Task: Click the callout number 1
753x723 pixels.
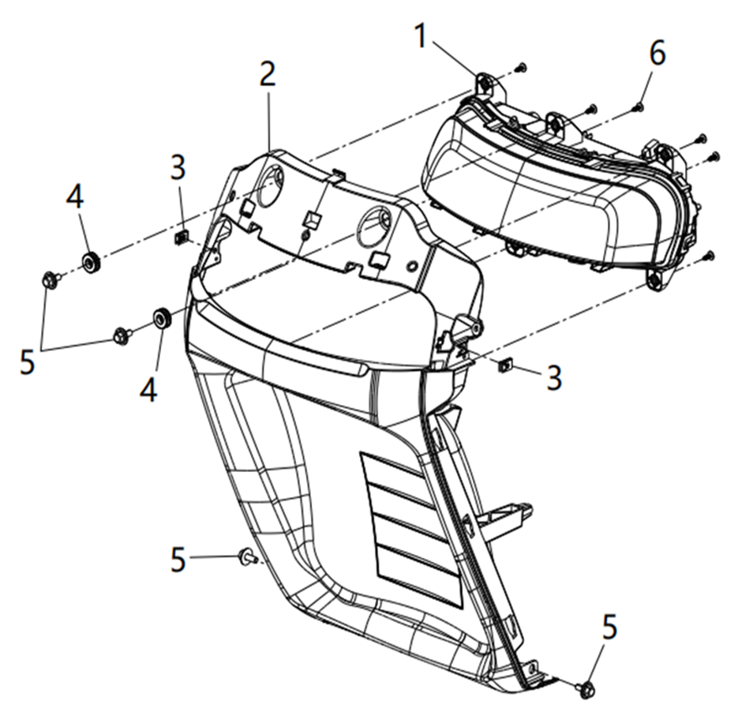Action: coord(421,36)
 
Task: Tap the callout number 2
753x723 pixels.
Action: coord(268,74)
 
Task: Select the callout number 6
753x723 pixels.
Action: coord(657,52)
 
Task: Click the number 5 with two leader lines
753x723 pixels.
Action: coord(28,361)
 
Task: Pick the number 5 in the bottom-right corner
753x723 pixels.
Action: coord(609,627)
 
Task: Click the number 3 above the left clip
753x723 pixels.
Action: coord(178,167)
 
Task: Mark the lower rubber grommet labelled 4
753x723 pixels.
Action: coord(161,319)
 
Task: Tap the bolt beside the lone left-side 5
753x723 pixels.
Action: coord(247,556)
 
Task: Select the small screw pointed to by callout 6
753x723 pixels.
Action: coord(639,107)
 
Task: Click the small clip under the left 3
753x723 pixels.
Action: coord(181,237)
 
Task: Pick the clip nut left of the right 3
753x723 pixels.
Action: coord(505,365)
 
